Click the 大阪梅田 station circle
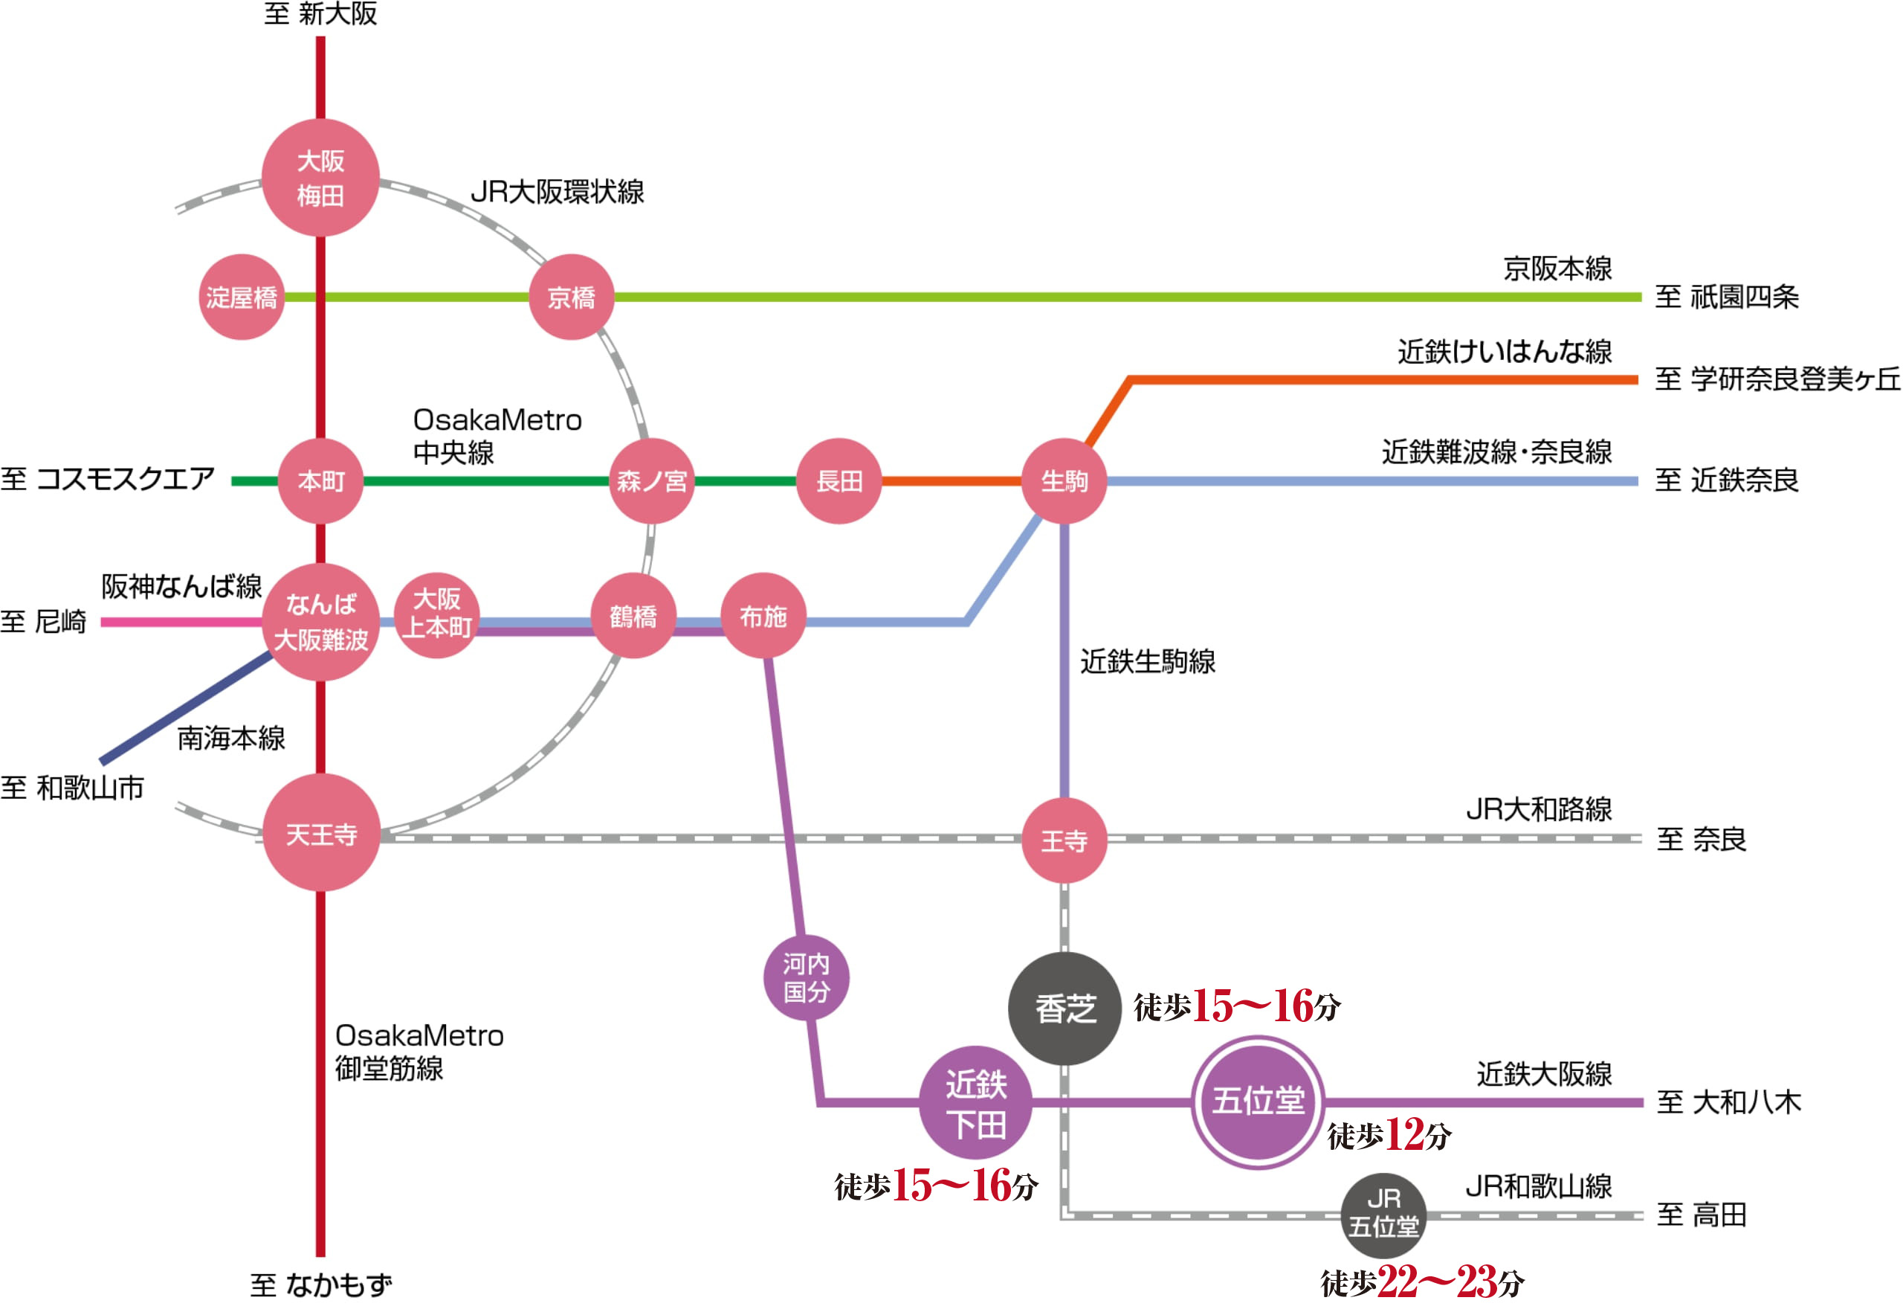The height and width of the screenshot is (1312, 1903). click(x=320, y=178)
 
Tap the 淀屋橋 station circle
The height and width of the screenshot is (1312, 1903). click(x=242, y=297)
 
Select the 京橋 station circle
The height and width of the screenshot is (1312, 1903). click(x=571, y=297)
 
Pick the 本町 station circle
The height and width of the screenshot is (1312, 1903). click(x=320, y=481)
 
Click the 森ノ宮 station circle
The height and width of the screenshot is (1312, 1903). click(x=652, y=481)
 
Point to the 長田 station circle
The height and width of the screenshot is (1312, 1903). click(x=839, y=481)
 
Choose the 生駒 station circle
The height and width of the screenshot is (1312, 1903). click(x=1064, y=481)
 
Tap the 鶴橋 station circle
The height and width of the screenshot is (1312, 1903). click(x=633, y=616)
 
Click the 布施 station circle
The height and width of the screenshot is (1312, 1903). click(x=763, y=616)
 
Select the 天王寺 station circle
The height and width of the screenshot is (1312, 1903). click(x=321, y=833)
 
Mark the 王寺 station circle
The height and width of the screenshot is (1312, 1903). click(x=1064, y=841)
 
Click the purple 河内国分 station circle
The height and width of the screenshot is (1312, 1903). click(x=806, y=978)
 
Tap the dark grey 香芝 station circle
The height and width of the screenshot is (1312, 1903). click(x=1065, y=1009)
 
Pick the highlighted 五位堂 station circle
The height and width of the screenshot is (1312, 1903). click(x=1258, y=1102)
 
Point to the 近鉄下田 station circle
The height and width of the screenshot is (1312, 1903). click(x=976, y=1103)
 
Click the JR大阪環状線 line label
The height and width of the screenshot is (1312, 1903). click(x=557, y=192)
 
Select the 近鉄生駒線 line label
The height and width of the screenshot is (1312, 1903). click(x=1148, y=662)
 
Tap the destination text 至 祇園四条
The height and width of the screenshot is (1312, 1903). click(x=1726, y=297)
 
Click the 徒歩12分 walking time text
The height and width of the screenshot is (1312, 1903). click(x=1389, y=1135)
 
